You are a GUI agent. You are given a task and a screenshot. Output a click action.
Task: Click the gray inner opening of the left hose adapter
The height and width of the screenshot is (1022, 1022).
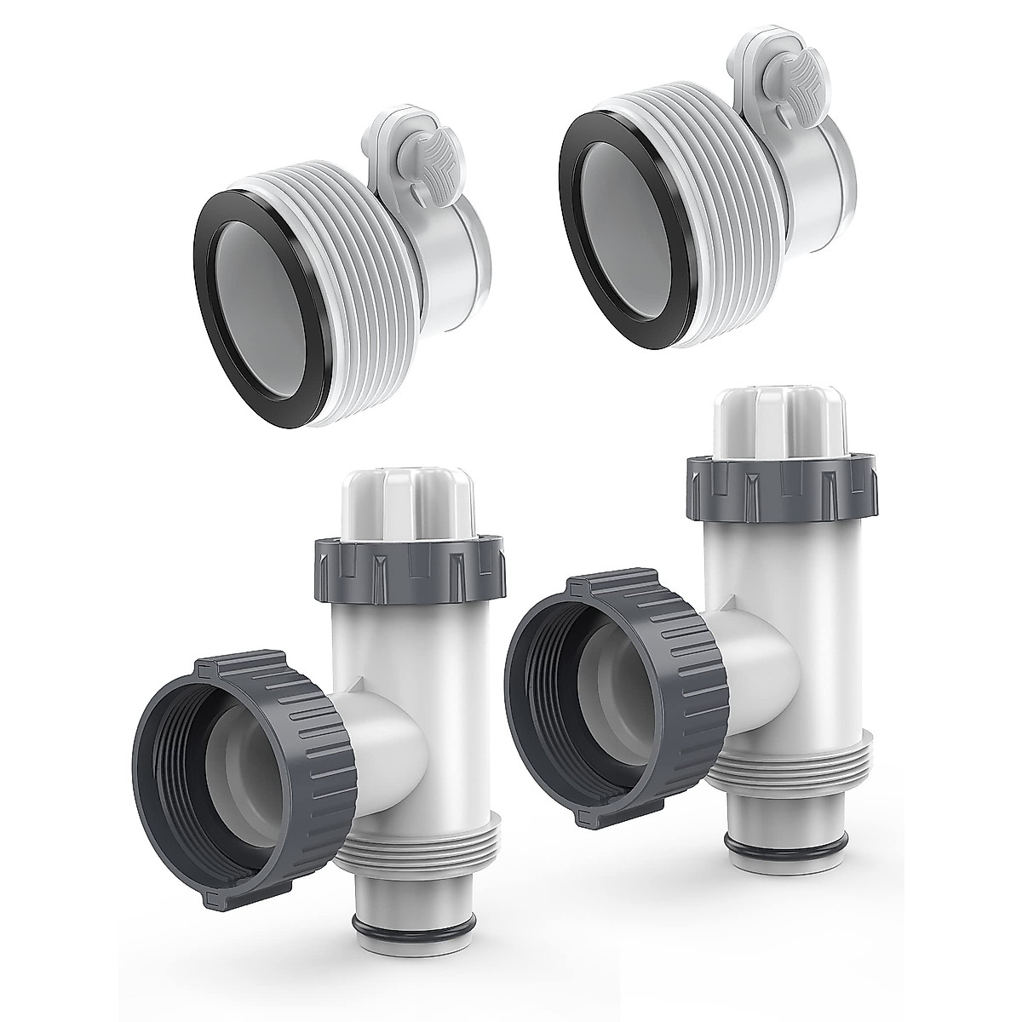click(x=243, y=336)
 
